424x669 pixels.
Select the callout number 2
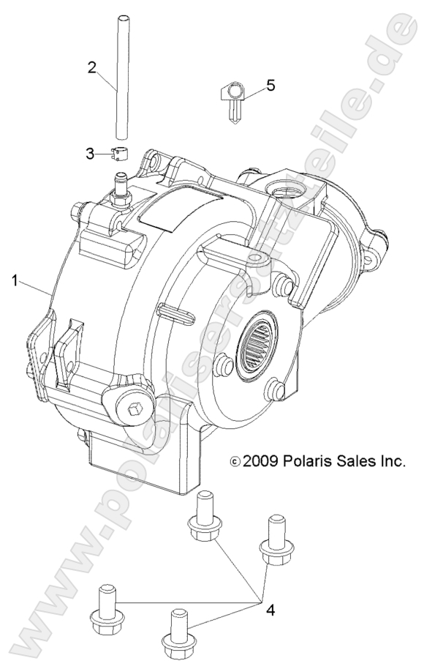click(x=92, y=67)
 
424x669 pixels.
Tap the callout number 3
click(x=90, y=153)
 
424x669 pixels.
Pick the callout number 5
click(x=270, y=86)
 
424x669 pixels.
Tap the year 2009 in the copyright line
click(x=260, y=463)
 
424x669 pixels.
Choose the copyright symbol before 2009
click(x=234, y=463)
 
